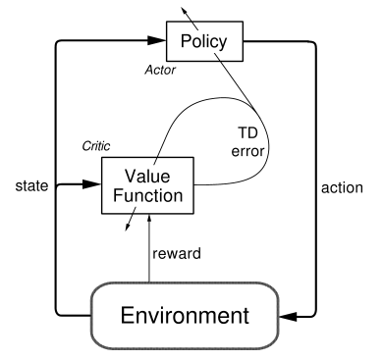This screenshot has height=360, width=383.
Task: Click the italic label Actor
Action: coord(160,70)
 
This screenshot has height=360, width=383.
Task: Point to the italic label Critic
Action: coord(96,146)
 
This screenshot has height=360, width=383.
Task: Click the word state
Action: coord(31,185)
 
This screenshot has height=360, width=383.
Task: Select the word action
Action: coord(342,187)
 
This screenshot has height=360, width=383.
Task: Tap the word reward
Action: coord(177,253)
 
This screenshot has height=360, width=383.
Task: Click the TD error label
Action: coord(247,142)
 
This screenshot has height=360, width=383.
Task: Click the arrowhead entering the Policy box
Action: coord(156,40)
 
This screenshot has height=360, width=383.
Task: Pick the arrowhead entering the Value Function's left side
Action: coord(91,184)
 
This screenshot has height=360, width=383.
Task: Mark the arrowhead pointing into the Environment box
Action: coord(289,317)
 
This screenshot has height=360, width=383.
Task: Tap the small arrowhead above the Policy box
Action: coord(185,9)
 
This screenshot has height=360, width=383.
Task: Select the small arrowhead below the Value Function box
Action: coord(128,227)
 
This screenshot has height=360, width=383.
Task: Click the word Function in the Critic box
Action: coord(147,195)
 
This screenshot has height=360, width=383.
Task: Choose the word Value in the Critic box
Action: coord(147,177)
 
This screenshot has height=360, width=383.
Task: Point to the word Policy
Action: coord(203,42)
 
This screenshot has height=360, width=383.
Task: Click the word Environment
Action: coord(185,316)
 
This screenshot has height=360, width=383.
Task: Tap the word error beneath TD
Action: coord(247,151)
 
